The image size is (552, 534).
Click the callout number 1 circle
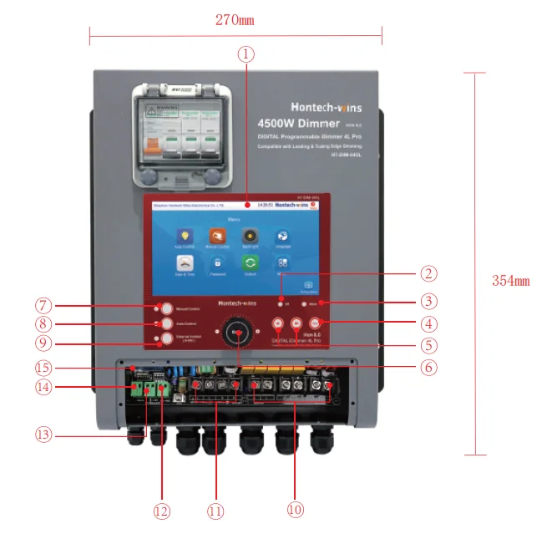point(245,54)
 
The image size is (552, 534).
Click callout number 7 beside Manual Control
point(43,305)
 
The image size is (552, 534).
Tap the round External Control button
point(166,339)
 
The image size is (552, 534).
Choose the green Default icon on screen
point(250,262)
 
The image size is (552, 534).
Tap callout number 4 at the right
point(428,323)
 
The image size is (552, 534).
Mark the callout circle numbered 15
point(43,367)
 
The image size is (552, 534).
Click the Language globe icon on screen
point(282,236)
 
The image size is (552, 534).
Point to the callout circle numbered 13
point(43,434)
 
